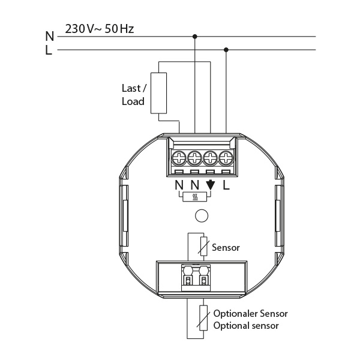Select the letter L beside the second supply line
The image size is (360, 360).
(x=49, y=51)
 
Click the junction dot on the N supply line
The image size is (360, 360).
(x=195, y=37)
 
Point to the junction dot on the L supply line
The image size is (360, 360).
(x=226, y=50)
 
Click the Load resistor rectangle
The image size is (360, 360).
(x=158, y=93)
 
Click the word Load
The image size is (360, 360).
(x=133, y=101)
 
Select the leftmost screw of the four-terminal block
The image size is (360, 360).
(x=179, y=158)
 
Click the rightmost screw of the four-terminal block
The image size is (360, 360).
(x=226, y=158)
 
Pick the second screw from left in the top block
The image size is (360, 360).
(x=194, y=158)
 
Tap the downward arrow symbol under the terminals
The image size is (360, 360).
(x=210, y=185)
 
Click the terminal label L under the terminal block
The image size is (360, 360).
(x=226, y=185)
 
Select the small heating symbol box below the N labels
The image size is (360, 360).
(x=195, y=197)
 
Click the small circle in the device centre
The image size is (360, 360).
(x=202, y=215)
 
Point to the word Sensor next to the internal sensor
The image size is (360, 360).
(x=226, y=247)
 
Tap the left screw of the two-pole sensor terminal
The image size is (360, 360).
(x=188, y=280)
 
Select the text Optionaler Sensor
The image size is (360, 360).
(x=251, y=314)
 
